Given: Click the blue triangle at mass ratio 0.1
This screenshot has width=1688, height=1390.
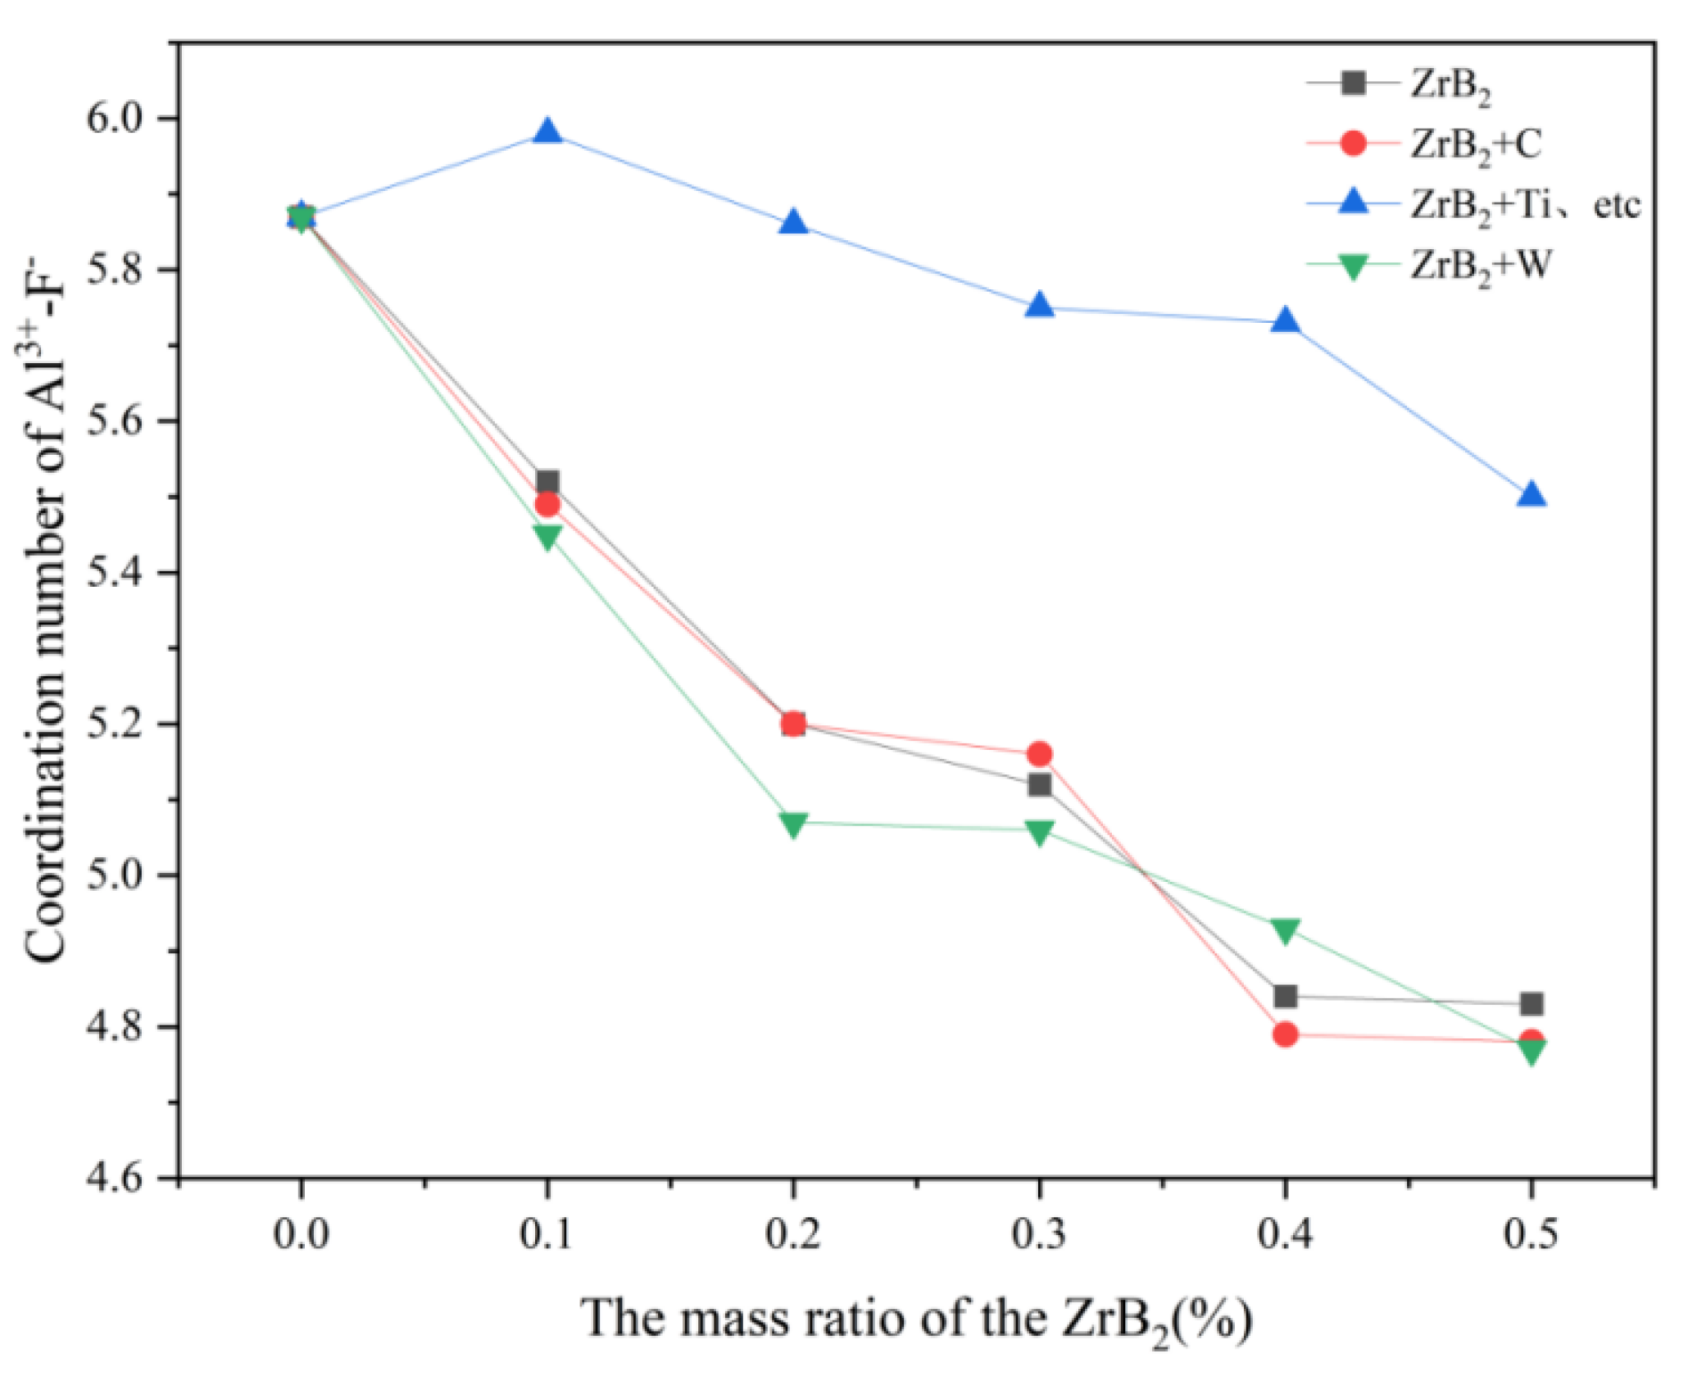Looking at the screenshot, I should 547,132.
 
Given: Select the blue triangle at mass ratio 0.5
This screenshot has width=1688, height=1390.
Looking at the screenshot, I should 1531,495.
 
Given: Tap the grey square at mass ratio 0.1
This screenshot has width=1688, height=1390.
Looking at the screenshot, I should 547,481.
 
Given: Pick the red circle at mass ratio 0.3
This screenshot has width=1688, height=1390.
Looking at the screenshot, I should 1039,753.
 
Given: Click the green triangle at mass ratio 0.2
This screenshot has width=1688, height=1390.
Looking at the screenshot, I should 793,824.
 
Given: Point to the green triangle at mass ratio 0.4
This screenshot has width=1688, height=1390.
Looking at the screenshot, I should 1285,930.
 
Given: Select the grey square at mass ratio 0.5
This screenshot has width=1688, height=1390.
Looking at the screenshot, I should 1531,1003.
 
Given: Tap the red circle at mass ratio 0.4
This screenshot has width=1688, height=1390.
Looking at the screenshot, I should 1285,1034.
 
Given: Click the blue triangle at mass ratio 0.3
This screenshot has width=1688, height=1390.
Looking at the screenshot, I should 1039,306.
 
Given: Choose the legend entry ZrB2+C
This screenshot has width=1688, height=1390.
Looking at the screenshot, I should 1475,145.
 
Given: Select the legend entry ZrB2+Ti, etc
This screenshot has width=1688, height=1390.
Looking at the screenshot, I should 1524,206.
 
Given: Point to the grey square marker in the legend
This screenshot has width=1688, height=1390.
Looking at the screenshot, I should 1354,83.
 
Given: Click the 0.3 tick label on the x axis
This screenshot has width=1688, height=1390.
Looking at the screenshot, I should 1039,1233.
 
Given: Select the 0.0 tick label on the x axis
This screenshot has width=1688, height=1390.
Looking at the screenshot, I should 302,1233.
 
